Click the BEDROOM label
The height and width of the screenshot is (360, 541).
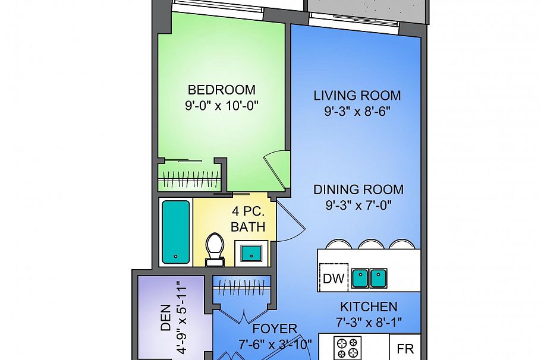coord(222,90)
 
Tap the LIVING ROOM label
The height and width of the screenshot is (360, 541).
coord(357,96)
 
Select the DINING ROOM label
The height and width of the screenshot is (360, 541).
coord(358,190)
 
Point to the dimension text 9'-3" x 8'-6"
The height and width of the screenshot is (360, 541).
coord(357,111)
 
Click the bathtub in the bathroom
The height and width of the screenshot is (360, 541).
coord(175,232)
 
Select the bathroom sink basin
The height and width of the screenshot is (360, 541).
coord(251,252)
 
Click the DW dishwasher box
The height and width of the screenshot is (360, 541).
coord(334,277)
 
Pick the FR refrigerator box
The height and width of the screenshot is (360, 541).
coord(405,348)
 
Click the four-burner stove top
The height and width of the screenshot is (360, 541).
coord(347,348)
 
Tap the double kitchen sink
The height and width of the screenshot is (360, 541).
coord(369,278)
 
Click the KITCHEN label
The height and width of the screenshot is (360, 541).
coord(369,307)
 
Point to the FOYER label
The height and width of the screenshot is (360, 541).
coord(275,329)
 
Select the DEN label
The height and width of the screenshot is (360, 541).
coord(166,317)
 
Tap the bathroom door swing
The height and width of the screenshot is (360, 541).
coord(291,220)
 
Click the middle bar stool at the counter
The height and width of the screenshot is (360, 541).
coord(371,245)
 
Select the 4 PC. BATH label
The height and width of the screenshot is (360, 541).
coord(248,219)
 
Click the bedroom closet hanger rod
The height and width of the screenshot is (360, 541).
coord(188,179)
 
